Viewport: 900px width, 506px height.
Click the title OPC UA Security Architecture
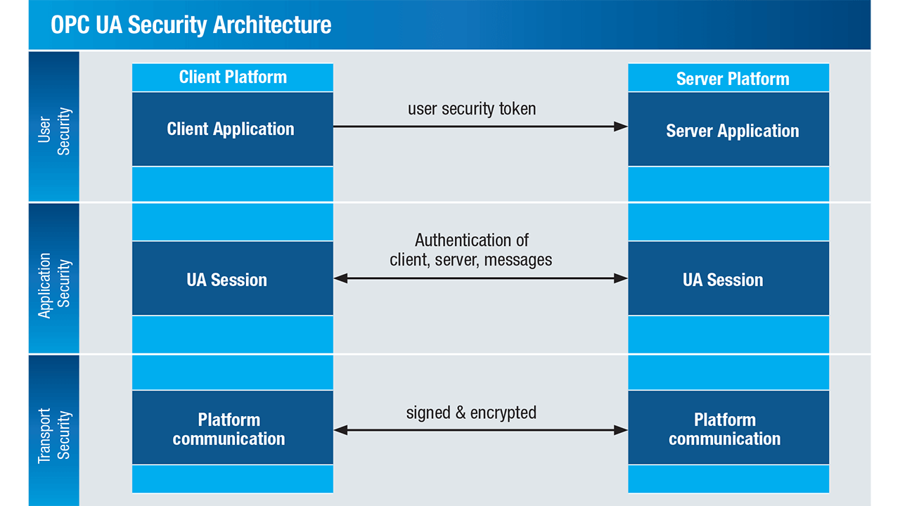[x=191, y=25]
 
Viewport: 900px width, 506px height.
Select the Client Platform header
[x=233, y=77]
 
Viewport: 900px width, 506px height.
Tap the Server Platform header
[x=732, y=79]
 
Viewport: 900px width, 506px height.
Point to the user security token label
[x=472, y=109]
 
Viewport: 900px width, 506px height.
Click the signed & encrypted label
[x=471, y=413]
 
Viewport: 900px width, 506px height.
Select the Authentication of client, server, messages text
[x=471, y=250]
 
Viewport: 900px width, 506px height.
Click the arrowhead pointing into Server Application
[x=621, y=126]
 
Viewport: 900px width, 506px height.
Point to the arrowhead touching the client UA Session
[x=340, y=278]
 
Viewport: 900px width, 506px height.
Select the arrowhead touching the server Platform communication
[x=621, y=429]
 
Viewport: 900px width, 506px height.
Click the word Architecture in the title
[x=272, y=25]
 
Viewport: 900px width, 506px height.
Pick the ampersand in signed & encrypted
[x=461, y=413]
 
